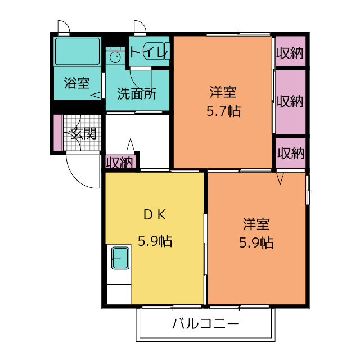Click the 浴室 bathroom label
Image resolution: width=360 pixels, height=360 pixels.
pos(77,83)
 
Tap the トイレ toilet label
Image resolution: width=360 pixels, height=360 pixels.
pos(150,52)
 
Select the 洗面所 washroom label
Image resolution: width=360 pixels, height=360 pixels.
pos(137,93)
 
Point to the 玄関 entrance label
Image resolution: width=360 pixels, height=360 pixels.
pos(83,133)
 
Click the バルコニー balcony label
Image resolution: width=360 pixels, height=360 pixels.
pos(206,324)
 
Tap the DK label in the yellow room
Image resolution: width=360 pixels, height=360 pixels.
pos(155,215)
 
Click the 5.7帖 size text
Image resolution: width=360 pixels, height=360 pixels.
pos(224,111)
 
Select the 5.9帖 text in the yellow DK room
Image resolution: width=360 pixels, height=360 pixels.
pos(155,241)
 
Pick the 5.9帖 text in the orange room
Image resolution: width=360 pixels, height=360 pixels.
pos(256,242)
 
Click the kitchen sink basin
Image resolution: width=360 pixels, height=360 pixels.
pos(120,258)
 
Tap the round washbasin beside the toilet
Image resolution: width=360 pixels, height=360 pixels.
pos(115,57)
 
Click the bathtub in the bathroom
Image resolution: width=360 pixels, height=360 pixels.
pos(78,51)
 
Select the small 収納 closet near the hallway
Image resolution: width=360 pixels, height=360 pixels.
pos(120,163)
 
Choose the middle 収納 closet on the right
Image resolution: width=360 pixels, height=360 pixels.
pos(290,102)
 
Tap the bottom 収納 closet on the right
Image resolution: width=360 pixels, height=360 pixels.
pos(291,153)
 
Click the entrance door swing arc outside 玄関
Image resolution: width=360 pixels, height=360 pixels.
pos(76,178)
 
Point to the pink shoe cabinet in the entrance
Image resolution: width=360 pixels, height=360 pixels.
pos(58,133)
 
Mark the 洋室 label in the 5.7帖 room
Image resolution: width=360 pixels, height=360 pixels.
pos(223,92)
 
